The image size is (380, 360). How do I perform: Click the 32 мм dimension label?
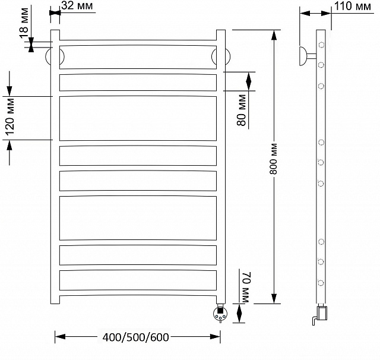[x=77, y=5]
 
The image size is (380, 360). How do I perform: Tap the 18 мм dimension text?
[x=24, y=23]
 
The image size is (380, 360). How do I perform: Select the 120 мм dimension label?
[x=10, y=117]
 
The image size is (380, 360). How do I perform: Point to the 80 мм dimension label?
[x=242, y=110]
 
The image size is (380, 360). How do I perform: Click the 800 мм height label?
[x=274, y=159]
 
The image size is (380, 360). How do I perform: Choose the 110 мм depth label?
[x=352, y=6]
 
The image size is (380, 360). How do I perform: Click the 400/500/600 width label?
[x=136, y=337]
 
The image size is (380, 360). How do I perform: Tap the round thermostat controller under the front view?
[x=220, y=314]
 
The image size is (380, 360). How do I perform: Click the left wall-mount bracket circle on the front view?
[x=55, y=56]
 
